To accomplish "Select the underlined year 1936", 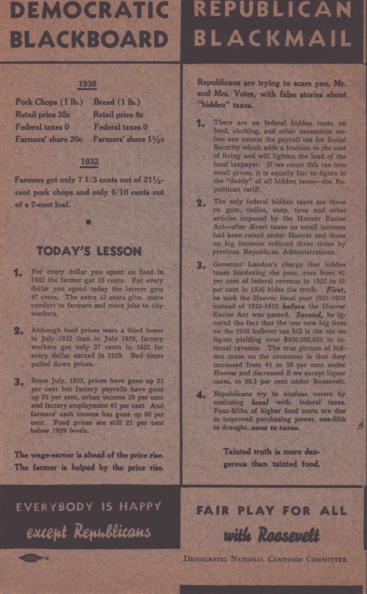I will (x=87, y=84).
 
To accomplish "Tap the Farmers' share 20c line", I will (x=49, y=139).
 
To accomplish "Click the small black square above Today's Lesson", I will (x=88, y=222).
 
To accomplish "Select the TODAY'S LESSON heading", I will (x=89, y=252).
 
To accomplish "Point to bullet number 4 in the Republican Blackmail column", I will (x=201, y=395).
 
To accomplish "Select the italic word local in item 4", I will (x=260, y=403).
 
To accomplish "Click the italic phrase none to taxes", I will (x=275, y=428).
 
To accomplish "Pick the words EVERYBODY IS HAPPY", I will (x=89, y=507).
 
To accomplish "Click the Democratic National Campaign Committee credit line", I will (x=265, y=559).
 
